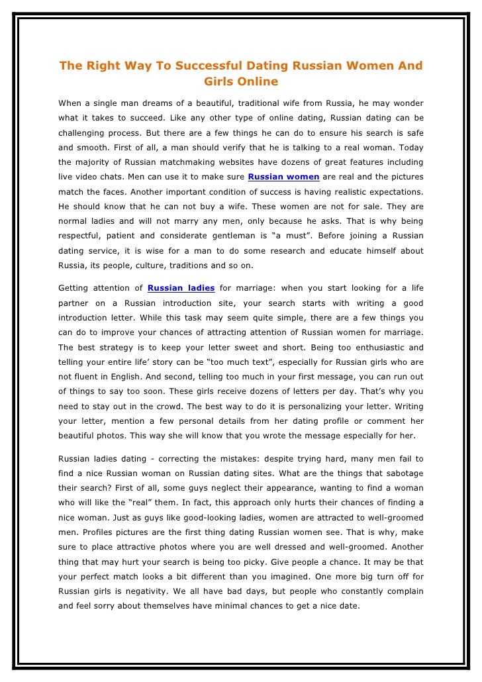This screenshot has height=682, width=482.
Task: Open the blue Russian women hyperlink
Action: [x=284, y=177]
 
